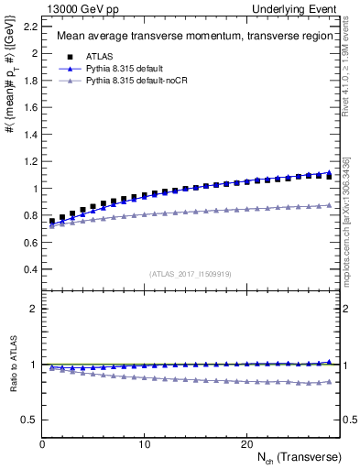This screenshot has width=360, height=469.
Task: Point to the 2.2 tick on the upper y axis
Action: tap(28, 26)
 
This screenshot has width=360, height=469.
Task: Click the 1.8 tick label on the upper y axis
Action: tap(28, 80)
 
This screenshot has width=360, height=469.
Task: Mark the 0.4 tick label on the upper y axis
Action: tap(28, 270)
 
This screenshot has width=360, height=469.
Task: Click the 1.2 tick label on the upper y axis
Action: tap(28, 161)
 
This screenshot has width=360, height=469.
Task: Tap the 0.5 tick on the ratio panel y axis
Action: tap(28, 420)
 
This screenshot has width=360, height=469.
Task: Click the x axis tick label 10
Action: tap(145, 443)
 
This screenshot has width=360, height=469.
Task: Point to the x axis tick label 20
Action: tap(246, 443)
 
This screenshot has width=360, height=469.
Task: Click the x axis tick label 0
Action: tap(43, 443)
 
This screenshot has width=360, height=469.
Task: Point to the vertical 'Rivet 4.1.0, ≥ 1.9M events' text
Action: tap(347, 77)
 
